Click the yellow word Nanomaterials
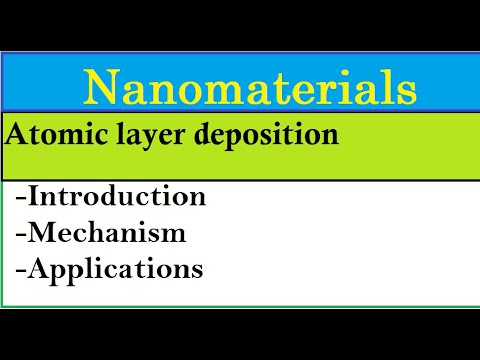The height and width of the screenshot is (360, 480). (x=250, y=88)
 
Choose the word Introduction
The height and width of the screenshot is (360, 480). (x=117, y=195)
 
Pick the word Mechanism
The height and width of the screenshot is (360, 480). (x=107, y=232)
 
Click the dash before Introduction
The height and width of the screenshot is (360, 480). (x=21, y=197)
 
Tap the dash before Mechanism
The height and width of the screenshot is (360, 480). (x=21, y=234)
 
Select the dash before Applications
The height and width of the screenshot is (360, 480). (x=21, y=270)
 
